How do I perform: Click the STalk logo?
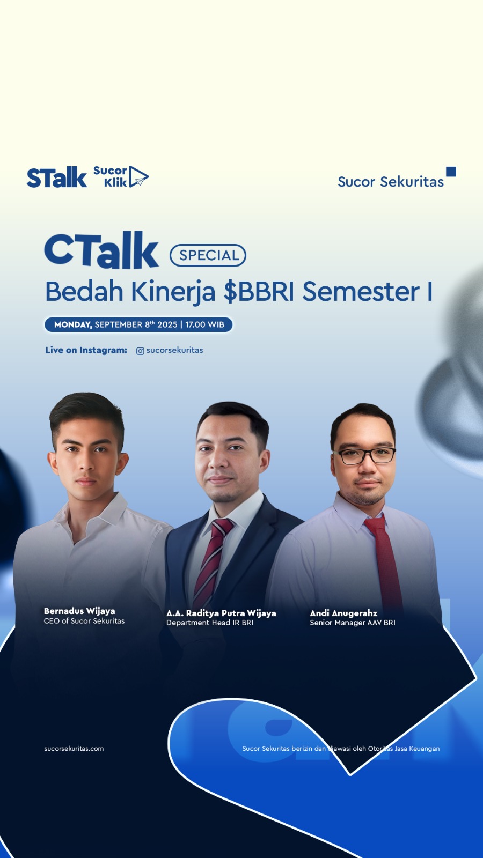[x=57, y=177]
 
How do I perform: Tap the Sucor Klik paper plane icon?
[x=138, y=176]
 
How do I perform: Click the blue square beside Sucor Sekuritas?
[x=451, y=171]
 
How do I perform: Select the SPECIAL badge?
[x=208, y=255]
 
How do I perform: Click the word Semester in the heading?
[x=361, y=292]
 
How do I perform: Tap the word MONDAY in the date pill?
[x=73, y=324]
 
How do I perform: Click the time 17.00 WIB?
[x=204, y=324]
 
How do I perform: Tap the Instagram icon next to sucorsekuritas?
[x=140, y=351]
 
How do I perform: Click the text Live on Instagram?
[x=86, y=350]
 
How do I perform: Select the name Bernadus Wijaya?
[x=79, y=611]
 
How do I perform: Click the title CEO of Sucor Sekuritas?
[x=84, y=621]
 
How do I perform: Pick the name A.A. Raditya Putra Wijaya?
[x=221, y=613]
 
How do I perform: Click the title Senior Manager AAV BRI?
[x=352, y=623]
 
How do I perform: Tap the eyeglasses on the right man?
[x=364, y=456]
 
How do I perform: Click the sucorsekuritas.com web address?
[x=74, y=749]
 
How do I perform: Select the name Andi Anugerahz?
[x=343, y=613]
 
